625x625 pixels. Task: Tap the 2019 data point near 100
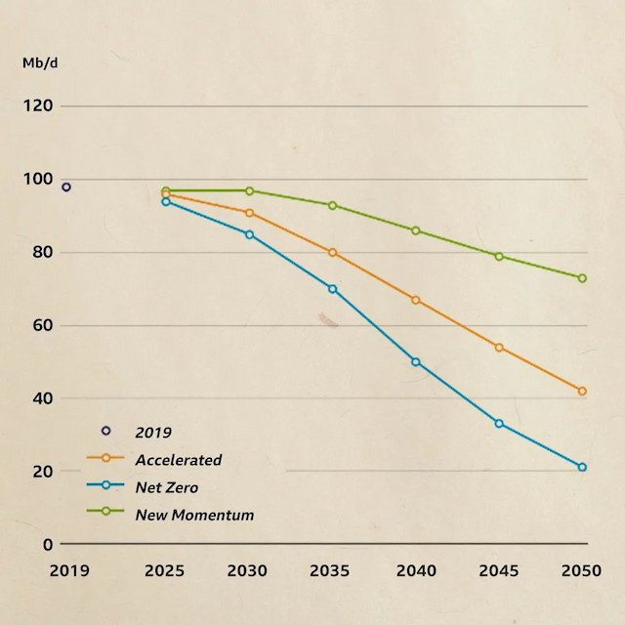point(66,187)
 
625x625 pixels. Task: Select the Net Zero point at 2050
point(582,467)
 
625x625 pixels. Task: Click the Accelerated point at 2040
point(416,300)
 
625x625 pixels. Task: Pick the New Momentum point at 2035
point(332,205)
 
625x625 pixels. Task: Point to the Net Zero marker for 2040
point(416,361)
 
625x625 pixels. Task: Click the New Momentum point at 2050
point(582,278)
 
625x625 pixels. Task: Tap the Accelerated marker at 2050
point(582,391)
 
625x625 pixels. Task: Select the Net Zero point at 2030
point(249,234)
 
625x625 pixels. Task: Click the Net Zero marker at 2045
point(499,423)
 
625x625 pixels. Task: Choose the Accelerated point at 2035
point(332,252)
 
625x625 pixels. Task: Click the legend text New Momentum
point(194,515)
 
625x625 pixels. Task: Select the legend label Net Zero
point(167,486)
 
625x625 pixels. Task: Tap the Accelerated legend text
point(179,460)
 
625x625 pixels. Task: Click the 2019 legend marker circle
point(106,431)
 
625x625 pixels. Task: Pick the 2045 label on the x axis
point(499,569)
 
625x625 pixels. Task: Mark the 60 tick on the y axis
point(43,325)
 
